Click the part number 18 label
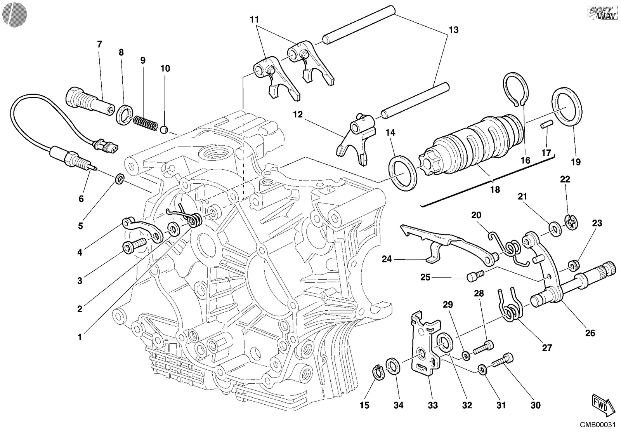pos(495,190)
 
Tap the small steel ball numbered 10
pos(165,130)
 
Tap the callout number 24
pos(387,259)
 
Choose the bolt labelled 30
pos(503,361)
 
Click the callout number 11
pos(254,19)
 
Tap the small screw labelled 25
pos(476,276)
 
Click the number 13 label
pos(454,30)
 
